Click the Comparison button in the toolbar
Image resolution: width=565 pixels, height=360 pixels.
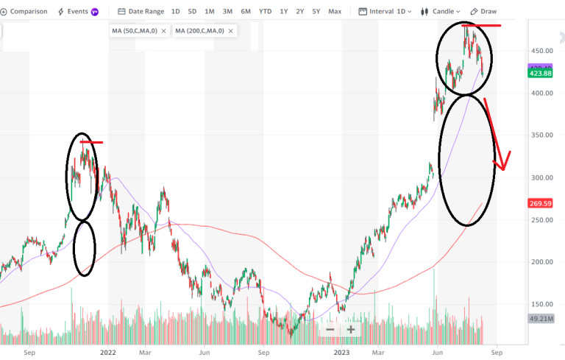point(25,12)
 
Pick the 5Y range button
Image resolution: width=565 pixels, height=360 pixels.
point(316,12)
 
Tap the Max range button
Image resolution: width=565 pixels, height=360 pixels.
point(335,12)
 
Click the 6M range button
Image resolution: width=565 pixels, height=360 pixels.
point(246,12)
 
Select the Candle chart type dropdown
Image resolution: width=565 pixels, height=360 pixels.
point(441,12)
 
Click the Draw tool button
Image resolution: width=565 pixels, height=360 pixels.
point(484,12)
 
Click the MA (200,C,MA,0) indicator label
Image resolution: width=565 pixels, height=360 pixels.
point(200,31)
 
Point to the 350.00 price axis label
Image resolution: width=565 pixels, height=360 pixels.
point(543,135)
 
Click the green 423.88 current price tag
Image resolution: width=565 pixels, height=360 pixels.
point(542,73)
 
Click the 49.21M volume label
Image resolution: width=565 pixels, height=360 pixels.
point(542,319)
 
